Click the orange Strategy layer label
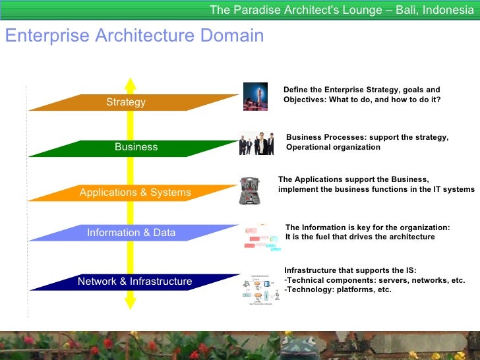click(125, 102)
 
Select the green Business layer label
click(136, 147)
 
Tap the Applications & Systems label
click(135, 193)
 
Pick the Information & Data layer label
click(131, 232)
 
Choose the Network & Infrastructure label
click(135, 282)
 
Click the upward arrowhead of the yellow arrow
click(131, 84)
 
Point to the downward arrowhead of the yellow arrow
click(131, 303)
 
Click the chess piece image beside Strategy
click(255, 96)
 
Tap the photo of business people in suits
click(256, 143)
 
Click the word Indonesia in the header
click(448, 10)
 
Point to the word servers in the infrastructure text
click(390, 280)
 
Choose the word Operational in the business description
click(309, 147)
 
